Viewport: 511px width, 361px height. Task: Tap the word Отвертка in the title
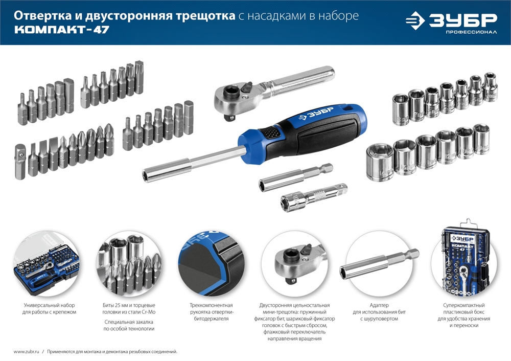tap(39, 16)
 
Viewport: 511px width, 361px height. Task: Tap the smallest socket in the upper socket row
tap(491, 83)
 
